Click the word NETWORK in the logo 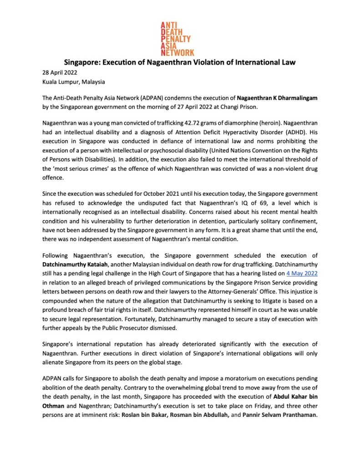[x=177, y=52]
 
